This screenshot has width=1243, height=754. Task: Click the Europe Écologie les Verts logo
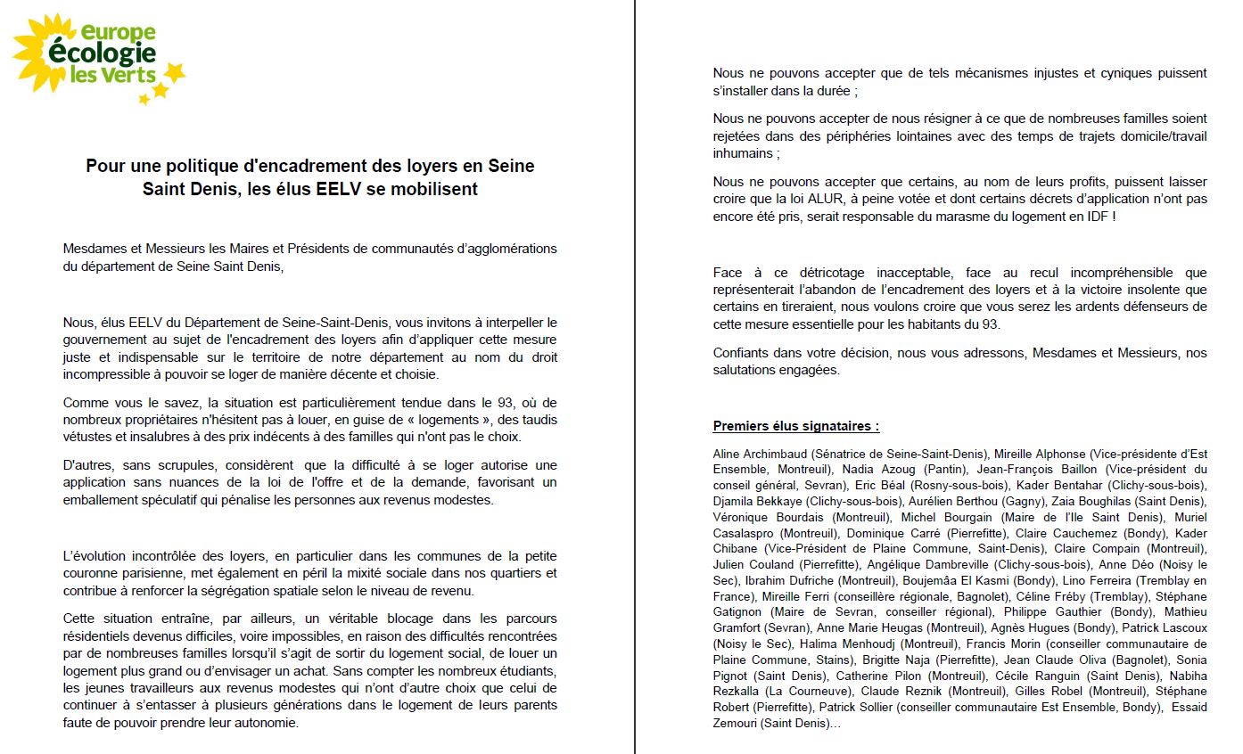point(98,56)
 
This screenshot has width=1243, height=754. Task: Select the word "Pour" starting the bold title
point(104,166)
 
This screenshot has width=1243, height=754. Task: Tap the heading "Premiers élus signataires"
point(796,426)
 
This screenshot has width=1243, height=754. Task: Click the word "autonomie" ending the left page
point(269,723)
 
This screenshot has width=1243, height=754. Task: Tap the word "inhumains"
point(743,153)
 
